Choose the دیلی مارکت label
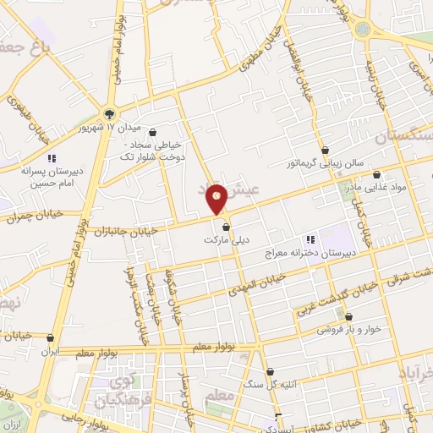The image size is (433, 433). pyautogui.click(x=224, y=240)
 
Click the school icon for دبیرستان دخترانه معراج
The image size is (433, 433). pyautogui.click(x=310, y=239)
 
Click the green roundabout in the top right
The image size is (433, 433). pyautogui.click(x=363, y=30)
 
